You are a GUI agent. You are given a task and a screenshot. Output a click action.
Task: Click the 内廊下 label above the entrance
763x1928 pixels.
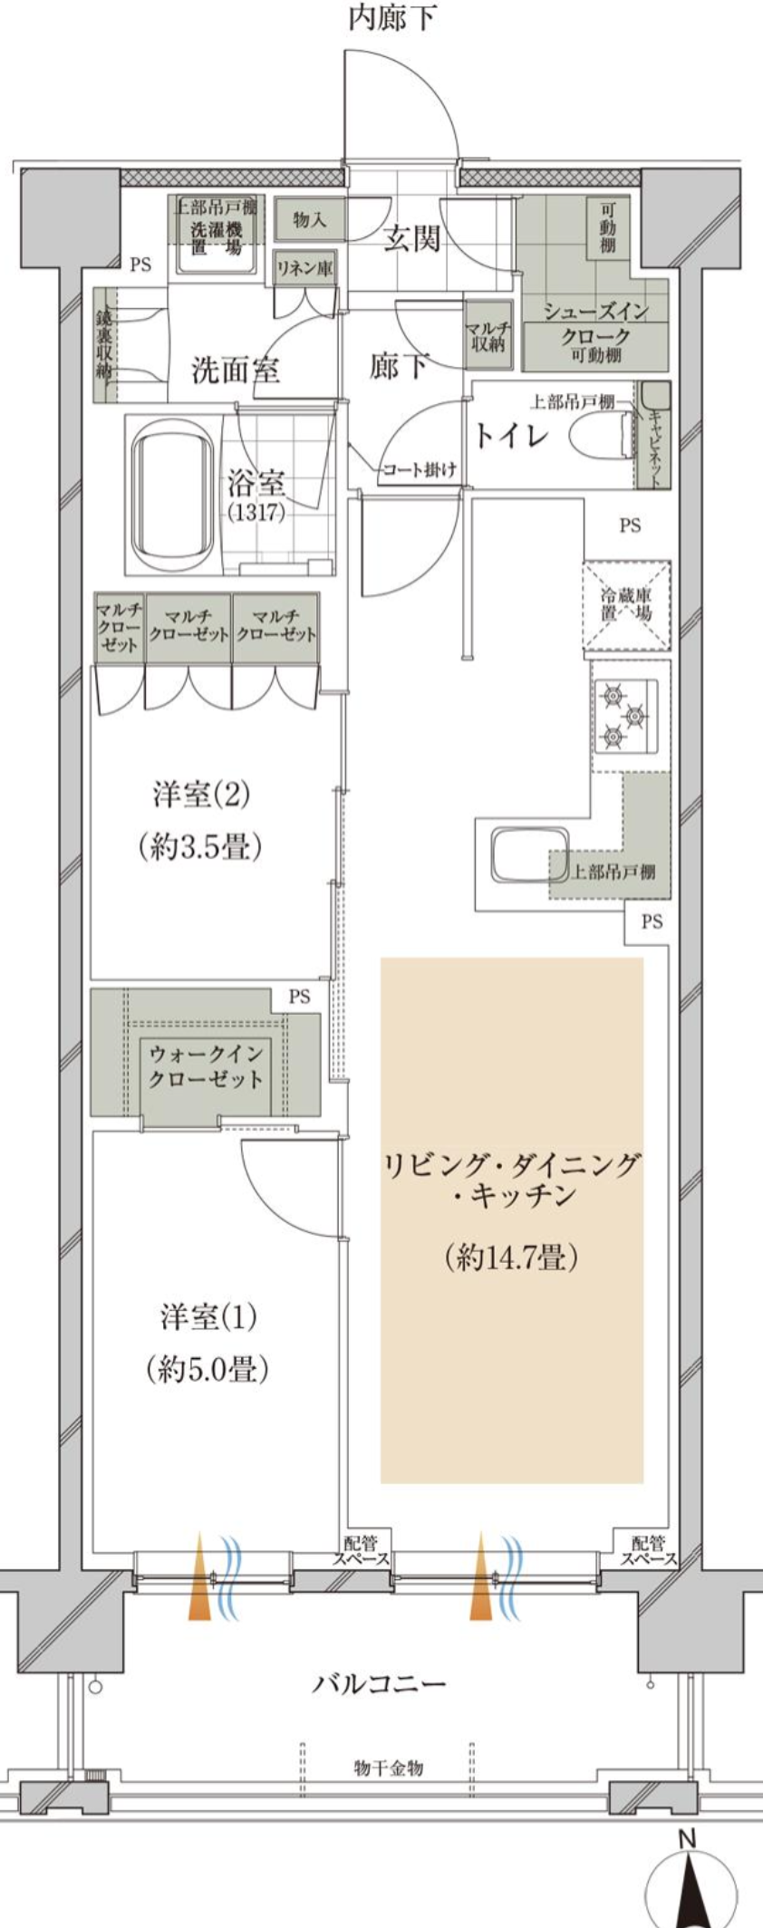pos(393,17)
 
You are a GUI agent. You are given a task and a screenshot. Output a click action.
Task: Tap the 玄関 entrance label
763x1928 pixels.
pos(411,238)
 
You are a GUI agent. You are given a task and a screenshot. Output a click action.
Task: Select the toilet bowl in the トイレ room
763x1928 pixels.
pos(600,435)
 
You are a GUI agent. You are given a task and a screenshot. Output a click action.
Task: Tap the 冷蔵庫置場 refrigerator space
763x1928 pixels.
pos(626,605)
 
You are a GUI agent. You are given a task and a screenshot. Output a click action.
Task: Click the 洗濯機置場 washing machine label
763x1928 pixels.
pos(216,237)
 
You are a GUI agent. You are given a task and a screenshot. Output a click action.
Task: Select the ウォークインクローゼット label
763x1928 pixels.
pos(206,1065)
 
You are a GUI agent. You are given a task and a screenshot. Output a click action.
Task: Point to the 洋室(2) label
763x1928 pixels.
pos(201,795)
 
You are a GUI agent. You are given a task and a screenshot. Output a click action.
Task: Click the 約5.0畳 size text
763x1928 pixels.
pos(208,1369)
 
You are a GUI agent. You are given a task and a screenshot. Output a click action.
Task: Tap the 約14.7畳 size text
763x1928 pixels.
pos(512,1257)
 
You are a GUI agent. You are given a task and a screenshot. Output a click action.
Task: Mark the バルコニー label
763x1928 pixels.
pos(380,1684)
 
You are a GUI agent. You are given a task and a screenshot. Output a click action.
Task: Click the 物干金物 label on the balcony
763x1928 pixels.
pos(388,1767)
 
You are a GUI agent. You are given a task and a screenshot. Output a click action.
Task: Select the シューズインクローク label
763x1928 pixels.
pos(595,323)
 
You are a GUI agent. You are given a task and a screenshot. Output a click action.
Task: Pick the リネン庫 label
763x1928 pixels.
pos(304,268)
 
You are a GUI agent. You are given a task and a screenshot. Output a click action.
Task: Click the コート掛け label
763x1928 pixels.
pos(419,469)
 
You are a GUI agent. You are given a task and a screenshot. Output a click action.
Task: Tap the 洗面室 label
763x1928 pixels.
pos(235,370)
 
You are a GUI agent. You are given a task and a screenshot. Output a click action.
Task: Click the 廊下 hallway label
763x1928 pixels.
pos(399,365)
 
